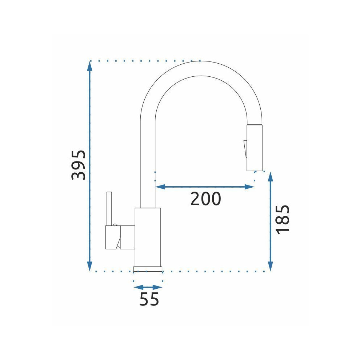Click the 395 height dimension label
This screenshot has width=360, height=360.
click(79, 165)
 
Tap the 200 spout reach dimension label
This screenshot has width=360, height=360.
click(206, 199)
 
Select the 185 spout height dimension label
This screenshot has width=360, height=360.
click(283, 220)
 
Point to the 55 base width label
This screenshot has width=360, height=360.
click(149, 299)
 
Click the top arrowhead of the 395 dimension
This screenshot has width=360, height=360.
click(90, 66)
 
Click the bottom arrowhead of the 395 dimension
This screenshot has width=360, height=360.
click(90, 266)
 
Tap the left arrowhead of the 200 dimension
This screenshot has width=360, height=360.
click(160, 187)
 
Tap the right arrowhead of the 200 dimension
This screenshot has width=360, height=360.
click(249, 187)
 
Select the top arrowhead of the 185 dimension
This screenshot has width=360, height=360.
click(271, 177)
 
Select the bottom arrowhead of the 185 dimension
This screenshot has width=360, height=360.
click(271, 266)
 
